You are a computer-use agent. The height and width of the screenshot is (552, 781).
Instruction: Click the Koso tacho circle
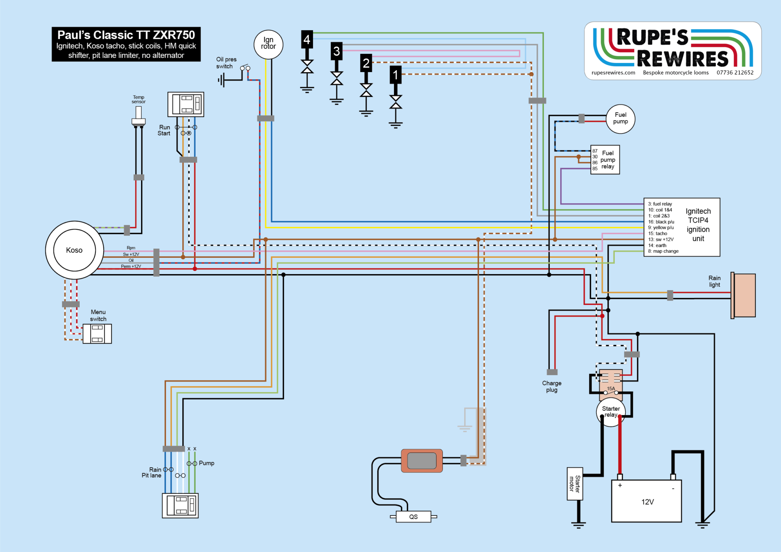74,250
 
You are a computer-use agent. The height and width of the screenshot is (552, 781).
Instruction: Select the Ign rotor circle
268,45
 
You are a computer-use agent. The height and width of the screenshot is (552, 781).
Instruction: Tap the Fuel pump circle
620,119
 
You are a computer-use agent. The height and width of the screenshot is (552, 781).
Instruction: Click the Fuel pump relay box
605,160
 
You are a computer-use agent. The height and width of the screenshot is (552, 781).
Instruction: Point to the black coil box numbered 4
307,39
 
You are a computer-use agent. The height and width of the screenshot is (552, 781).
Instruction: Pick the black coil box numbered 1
395,75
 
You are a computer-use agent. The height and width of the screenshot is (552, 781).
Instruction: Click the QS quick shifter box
413,517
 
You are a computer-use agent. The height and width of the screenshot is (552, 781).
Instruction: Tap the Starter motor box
575,483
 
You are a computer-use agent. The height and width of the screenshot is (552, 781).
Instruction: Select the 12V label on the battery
648,502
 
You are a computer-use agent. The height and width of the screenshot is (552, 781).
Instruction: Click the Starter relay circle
611,412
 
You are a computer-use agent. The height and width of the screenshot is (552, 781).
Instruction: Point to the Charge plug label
552,386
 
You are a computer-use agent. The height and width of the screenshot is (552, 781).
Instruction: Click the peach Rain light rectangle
744,295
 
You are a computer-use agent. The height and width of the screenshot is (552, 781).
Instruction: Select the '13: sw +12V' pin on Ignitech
660,239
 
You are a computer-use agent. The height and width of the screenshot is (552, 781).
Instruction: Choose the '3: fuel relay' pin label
660,204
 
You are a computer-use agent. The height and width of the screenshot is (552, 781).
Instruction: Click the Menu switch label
98,315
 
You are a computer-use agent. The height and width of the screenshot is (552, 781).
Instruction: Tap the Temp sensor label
138,99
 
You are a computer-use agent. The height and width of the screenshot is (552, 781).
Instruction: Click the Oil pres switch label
226,63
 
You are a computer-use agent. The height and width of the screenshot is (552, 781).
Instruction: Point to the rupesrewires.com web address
613,73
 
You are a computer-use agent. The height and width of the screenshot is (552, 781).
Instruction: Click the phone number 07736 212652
735,73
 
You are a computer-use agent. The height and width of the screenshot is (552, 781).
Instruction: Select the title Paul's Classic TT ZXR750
126,35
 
